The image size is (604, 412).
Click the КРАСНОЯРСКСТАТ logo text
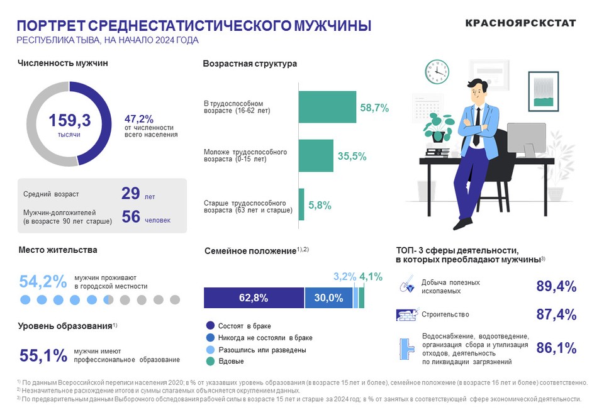520,23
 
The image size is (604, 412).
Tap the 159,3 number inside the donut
70,120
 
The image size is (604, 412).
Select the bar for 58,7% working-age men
327,107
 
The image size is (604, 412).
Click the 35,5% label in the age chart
352,157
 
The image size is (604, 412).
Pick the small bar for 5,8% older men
301,204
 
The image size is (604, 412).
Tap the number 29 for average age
130,194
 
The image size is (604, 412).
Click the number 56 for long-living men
130,216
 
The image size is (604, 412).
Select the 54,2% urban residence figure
43,281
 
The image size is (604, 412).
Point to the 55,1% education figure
43,355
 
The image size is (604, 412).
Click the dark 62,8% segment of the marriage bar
254,298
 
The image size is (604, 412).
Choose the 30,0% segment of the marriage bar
328,298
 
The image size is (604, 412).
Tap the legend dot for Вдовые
210,361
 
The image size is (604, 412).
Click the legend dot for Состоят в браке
210,326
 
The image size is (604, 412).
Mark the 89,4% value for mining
556,286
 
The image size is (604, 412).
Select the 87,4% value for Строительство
556,315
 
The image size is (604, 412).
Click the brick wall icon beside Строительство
407,315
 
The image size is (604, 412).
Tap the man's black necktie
477,126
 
